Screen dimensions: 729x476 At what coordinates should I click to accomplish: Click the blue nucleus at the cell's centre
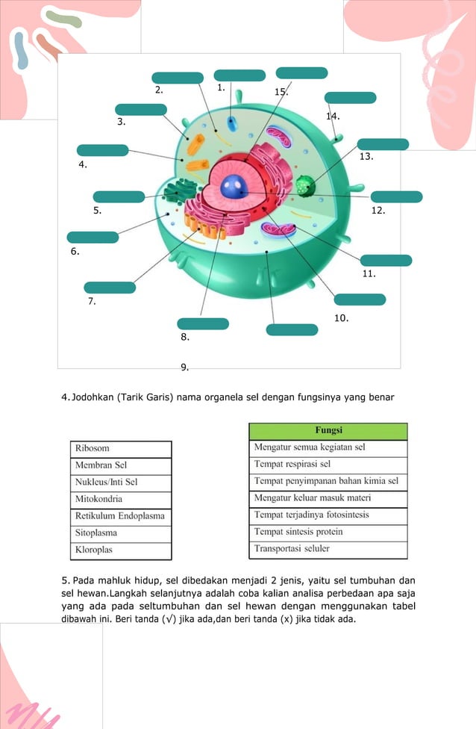[234, 185]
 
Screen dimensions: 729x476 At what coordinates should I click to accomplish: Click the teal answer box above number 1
[239, 75]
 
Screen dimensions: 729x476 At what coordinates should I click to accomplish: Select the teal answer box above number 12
[397, 196]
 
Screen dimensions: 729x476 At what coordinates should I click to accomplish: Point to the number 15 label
[281, 92]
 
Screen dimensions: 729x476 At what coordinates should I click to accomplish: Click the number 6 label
[75, 252]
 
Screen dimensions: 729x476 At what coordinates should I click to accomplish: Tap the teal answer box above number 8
[203, 323]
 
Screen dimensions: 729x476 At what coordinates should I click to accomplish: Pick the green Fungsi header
[328, 431]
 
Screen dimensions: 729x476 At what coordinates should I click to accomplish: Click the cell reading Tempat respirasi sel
[328, 465]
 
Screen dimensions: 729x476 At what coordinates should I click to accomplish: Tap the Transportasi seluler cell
[328, 550]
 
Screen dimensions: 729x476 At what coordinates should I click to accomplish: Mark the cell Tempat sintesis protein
[328, 533]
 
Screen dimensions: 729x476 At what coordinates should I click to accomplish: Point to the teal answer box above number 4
[102, 150]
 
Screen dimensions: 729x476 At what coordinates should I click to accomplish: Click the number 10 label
[342, 318]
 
